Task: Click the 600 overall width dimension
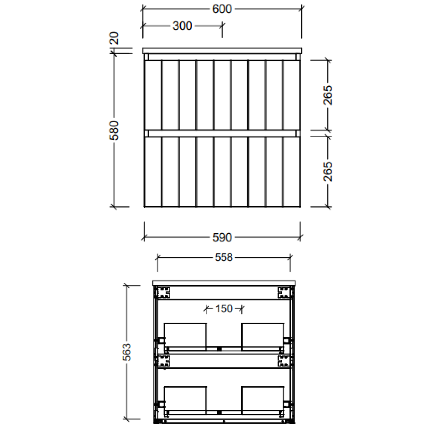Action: [222, 9]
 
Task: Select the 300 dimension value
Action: [182, 26]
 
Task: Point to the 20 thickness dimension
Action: [114, 38]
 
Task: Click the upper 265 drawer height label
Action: [328, 95]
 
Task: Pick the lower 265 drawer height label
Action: [328, 172]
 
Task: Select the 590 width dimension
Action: [222, 237]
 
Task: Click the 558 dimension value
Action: [224, 257]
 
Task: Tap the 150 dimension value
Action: [224, 309]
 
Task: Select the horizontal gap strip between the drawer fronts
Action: [222, 133]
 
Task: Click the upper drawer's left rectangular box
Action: [185, 336]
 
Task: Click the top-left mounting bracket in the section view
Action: [163, 293]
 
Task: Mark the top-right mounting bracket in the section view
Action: [284, 293]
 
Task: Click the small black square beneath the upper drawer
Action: [219, 349]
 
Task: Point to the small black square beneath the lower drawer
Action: [219, 413]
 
